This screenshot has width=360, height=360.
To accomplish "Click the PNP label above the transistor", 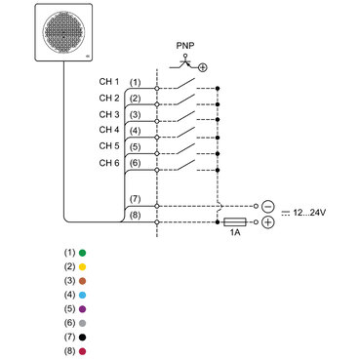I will coord(183,45).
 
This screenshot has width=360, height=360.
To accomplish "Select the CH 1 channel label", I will coord(109,82).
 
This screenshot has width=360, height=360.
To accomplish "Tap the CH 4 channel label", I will coord(109,129).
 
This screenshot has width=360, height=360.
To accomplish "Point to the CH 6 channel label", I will coord(109,161).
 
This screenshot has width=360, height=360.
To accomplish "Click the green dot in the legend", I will coord(83,252).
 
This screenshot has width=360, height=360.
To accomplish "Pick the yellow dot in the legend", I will coord(83,265).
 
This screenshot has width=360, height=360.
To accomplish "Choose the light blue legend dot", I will coord(83,294).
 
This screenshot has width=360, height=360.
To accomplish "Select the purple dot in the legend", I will coord(83,308).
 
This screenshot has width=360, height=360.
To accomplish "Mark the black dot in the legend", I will coord(83,337).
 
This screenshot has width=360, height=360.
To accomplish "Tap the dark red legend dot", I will coord(83,350).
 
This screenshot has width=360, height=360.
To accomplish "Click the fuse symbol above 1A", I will coord(234,222).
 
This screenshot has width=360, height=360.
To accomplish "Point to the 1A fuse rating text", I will coord(234,235).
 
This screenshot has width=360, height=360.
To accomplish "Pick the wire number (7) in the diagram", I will coord(136,199).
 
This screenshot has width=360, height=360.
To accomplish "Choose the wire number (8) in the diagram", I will coord(136,216).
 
